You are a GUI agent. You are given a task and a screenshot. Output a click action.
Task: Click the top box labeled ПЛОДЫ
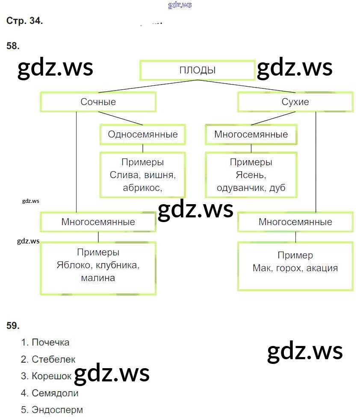click(197, 70)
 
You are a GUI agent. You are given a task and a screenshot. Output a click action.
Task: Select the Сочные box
click(98, 102)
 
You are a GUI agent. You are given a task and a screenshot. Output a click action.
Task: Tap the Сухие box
click(295, 102)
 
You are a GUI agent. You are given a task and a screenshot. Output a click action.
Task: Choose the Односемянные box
click(142, 135)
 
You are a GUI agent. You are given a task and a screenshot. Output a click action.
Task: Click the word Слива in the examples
click(123, 175)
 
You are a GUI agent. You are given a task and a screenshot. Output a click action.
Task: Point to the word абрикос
click(142, 188)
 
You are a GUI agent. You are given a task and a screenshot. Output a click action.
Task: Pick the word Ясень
click(251, 175)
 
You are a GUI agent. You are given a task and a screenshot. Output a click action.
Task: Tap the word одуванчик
click(241, 188)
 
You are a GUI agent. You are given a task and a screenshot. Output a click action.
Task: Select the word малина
click(97, 278)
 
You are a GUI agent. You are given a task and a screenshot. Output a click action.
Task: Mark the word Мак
click(261, 268)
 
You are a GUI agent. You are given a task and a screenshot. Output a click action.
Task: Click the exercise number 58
click(13, 46)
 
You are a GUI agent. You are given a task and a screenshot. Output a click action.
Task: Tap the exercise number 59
click(13, 325)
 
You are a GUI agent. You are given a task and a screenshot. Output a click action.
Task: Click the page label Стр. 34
click(24, 21)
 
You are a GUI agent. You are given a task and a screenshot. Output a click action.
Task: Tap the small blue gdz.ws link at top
click(180, 5)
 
